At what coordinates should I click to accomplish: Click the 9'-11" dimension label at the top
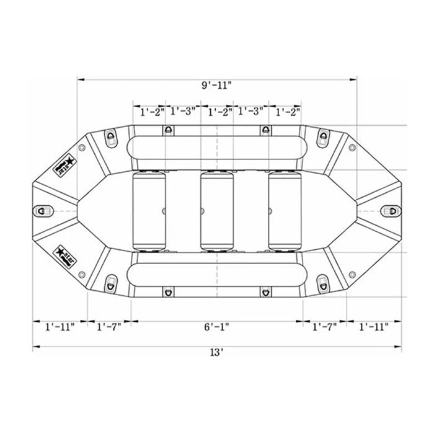click(x=216, y=85)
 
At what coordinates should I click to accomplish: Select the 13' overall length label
click(x=216, y=352)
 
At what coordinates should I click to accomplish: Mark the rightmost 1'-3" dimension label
click(x=251, y=112)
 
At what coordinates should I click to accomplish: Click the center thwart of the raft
click(x=216, y=211)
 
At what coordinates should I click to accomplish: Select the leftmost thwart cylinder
click(x=149, y=211)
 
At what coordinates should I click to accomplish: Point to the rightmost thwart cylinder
click(x=285, y=211)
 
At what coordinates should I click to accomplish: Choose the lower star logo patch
click(x=64, y=255)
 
